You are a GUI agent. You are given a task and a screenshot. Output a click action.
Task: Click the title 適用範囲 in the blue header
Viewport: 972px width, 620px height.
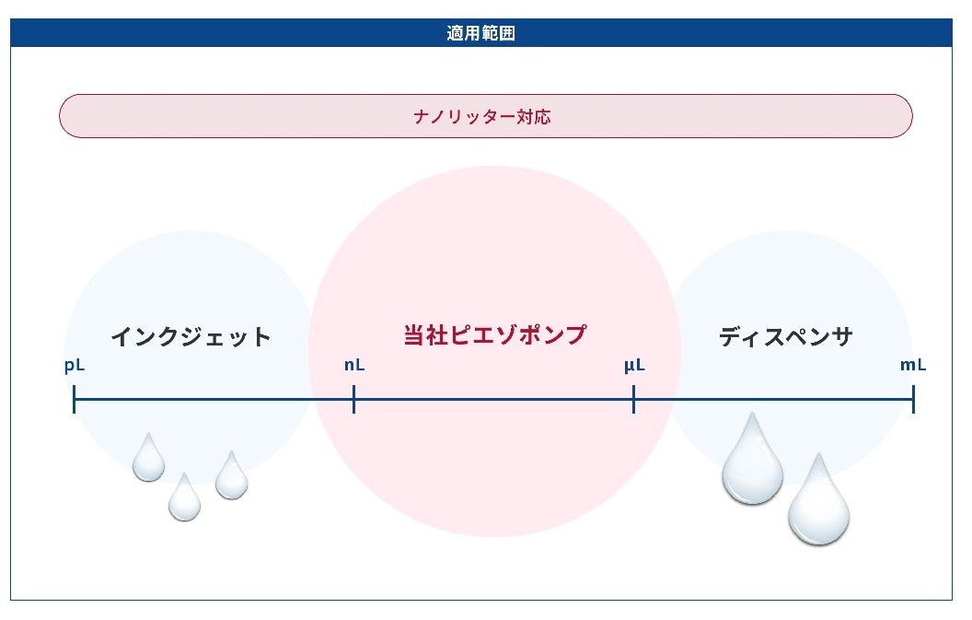pos(481,33)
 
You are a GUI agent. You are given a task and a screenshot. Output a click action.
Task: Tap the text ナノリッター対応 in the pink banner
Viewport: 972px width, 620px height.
pos(482,117)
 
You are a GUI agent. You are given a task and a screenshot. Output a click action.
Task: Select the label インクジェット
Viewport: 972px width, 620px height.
pos(191,337)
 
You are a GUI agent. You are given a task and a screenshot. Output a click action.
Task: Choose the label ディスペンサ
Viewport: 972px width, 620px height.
pos(786,337)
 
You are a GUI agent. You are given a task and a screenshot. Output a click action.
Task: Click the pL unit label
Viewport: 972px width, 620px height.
pos(75,366)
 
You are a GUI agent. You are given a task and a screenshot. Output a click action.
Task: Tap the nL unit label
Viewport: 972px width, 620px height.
pos(354,365)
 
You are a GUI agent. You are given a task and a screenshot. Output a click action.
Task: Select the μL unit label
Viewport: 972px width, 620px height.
pos(634,366)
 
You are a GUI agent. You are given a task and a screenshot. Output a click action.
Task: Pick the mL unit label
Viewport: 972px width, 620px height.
pos(913,365)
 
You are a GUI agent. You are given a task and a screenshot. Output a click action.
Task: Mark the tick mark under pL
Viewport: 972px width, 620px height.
pos(75,399)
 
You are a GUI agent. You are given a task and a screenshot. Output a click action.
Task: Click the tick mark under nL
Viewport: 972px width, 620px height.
pos(354,399)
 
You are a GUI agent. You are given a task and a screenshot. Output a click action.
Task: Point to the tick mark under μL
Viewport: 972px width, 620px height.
pos(633,399)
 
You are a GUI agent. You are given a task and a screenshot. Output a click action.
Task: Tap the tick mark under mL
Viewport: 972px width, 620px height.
pos(914,399)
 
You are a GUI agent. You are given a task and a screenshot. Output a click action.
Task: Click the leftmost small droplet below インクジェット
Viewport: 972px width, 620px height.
pos(149,460)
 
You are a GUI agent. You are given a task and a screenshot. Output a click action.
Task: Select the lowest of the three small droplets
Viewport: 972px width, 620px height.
pos(184,499)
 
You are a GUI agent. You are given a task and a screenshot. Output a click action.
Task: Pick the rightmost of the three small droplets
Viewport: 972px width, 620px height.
pos(232,477)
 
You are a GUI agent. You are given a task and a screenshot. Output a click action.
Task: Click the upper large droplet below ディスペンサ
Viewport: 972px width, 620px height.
pos(753,462)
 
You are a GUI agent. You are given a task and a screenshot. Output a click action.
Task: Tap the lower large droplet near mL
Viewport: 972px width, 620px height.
pos(819,503)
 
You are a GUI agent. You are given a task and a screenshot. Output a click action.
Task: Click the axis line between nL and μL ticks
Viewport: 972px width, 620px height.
pos(494,399)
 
